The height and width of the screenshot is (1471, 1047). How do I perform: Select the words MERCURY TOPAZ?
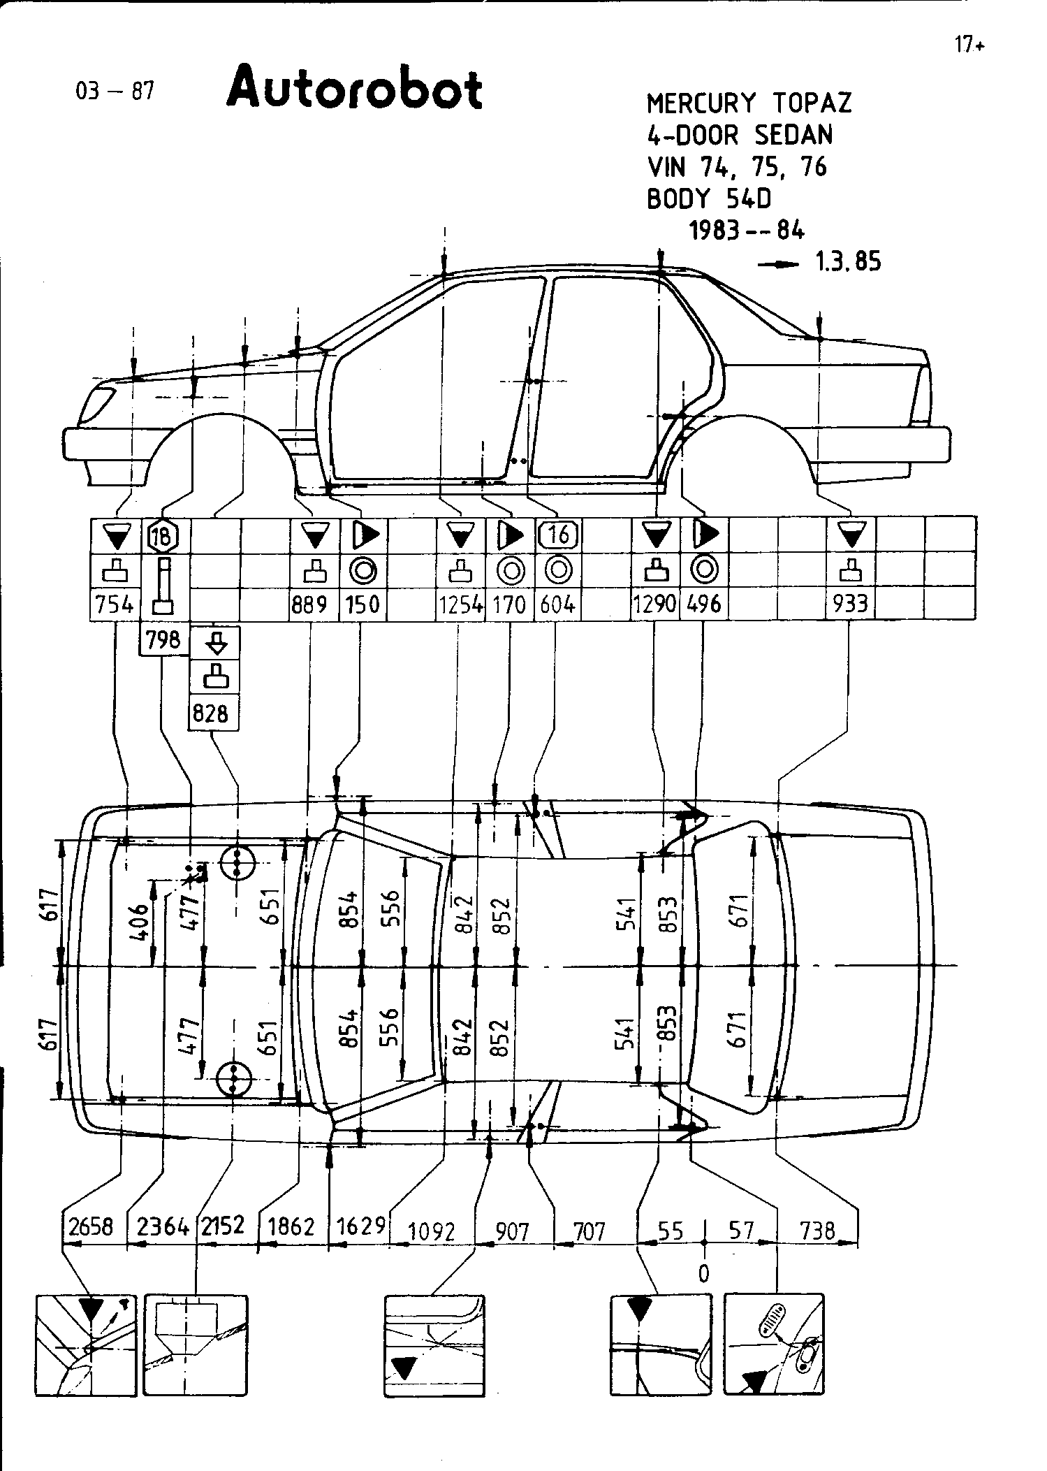point(749,103)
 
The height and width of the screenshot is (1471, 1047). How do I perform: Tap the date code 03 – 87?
point(115,91)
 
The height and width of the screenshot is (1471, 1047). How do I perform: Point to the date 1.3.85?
point(848,262)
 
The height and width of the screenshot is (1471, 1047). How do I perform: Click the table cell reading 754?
point(115,604)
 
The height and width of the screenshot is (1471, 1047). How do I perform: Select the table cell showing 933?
point(850,604)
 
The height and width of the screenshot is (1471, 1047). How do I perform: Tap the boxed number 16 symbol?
point(559,535)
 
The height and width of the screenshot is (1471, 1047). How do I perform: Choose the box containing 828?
point(212,713)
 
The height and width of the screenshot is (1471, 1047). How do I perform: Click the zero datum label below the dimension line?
point(703,1273)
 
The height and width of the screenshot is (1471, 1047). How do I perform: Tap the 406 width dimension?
point(140,922)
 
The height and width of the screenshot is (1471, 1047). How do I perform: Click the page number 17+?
point(969,45)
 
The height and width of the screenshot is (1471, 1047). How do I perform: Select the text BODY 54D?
point(709,199)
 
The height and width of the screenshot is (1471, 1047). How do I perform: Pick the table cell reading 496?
point(703,604)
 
